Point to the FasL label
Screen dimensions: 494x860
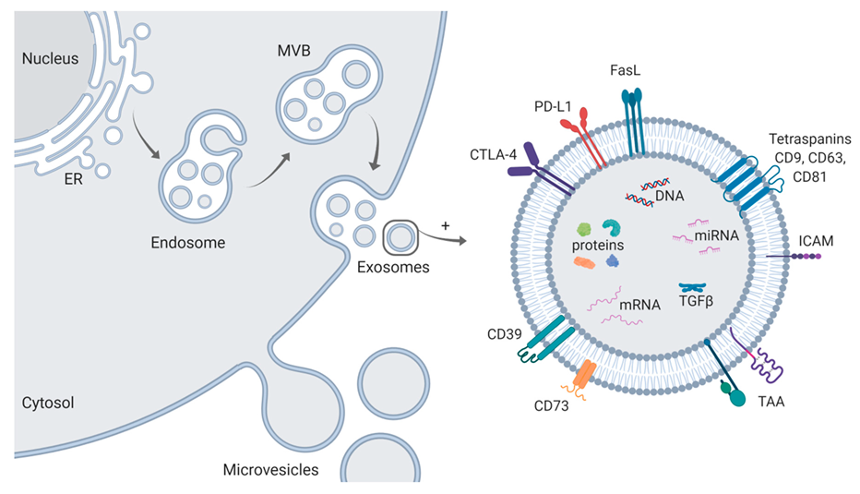click(x=632, y=69)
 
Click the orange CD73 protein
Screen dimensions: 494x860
click(x=585, y=374)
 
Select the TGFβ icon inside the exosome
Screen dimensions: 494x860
click(x=691, y=290)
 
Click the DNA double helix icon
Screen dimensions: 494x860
click(x=646, y=190)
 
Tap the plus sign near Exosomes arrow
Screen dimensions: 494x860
click(x=446, y=224)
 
